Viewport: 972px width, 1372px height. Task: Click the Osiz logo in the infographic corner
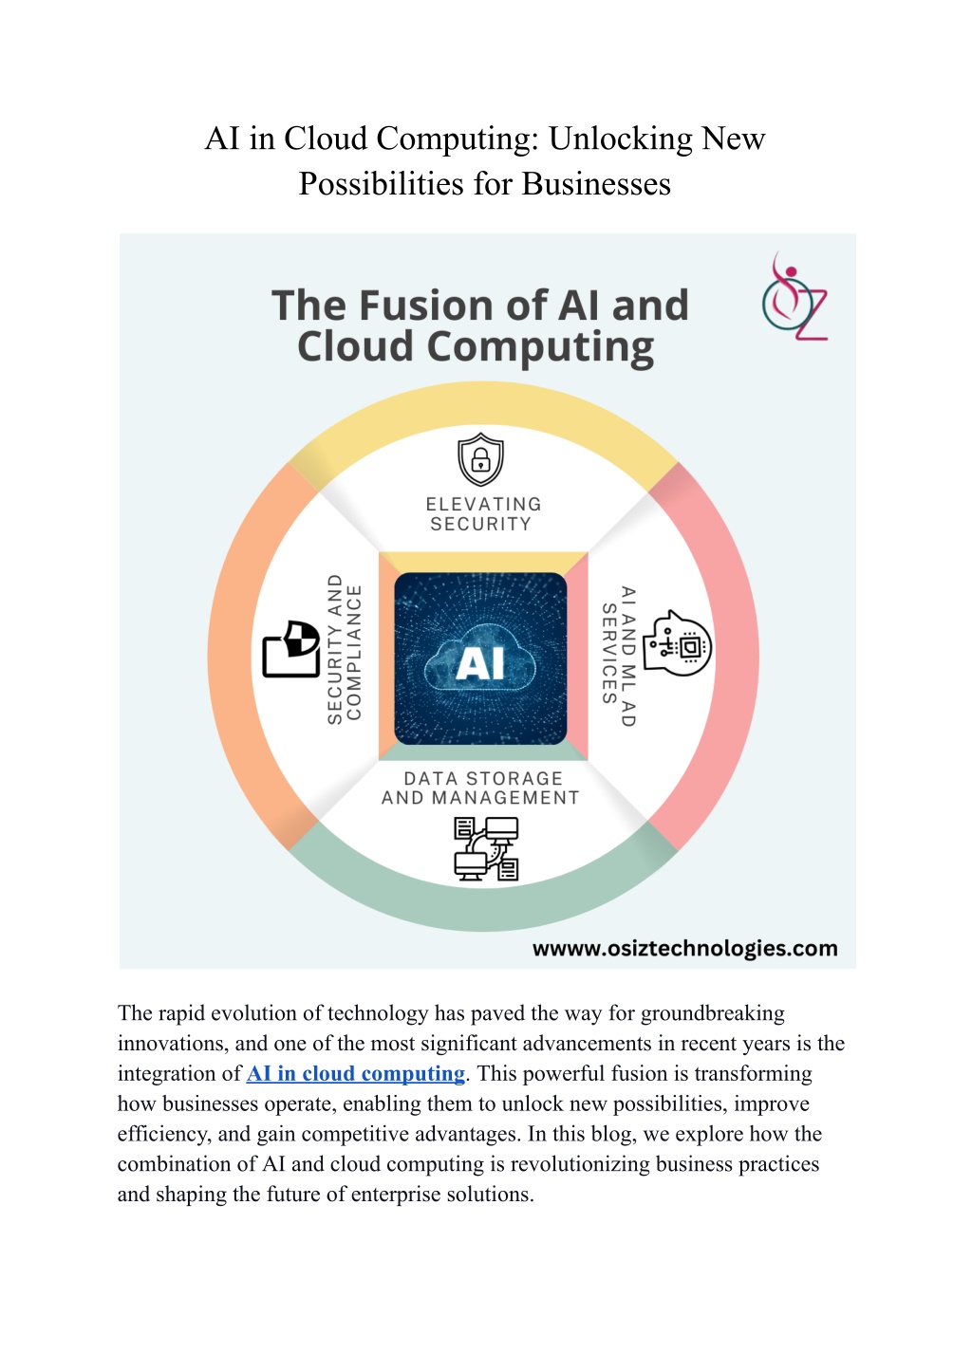tap(794, 296)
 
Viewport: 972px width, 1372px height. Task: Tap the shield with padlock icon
tap(481, 459)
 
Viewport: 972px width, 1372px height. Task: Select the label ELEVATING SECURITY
tap(483, 514)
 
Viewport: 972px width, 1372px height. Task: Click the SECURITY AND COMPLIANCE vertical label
tap(345, 650)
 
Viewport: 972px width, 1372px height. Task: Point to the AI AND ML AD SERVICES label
tap(619, 656)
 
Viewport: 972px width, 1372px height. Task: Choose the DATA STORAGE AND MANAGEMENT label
tap(480, 788)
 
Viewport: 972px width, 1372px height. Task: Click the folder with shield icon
tap(291, 649)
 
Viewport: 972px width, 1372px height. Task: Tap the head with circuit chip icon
tap(677, 643)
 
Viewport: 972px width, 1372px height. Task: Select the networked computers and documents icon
tap(486, 849)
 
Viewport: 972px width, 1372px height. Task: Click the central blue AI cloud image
tap(480, 658)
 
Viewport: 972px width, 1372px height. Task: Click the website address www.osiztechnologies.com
tap(684, 949)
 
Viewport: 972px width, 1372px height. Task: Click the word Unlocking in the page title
tap(620, 139)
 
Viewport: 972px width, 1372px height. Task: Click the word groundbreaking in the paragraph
tap(713, 1013)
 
